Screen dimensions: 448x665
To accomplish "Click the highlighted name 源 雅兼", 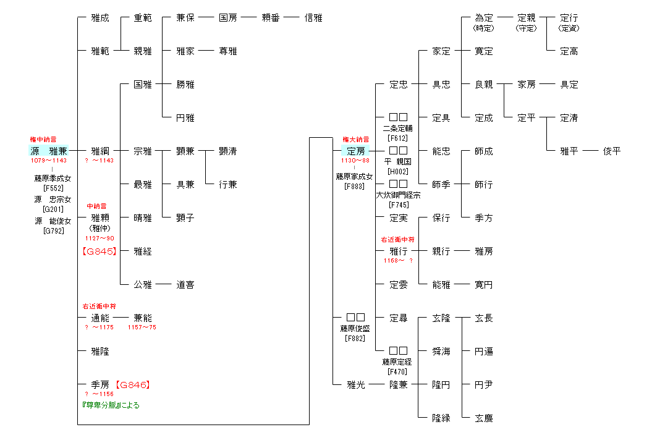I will (49, 151).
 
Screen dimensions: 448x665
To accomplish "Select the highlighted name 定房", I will (355, 151).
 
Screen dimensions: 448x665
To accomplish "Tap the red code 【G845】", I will (100, 251).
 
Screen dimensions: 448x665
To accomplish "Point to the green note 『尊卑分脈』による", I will (111, 405).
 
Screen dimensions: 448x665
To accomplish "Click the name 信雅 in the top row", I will (313, 18).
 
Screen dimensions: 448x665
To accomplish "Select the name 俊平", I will (612, 151).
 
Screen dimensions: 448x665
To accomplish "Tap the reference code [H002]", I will (398, 171).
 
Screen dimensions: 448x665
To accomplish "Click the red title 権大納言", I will (355, 140).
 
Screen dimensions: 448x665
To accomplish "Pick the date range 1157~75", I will (142, 328).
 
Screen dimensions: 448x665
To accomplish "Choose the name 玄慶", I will (484, 418).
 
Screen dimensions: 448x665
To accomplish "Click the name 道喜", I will (185, 285).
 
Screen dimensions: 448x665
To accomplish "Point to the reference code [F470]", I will (398, 371).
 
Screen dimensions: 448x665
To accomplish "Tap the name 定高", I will (569, 51).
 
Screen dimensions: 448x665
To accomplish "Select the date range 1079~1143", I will (49, 161).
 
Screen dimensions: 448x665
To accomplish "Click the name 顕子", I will (185, 218).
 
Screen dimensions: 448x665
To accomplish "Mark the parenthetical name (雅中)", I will (100, 228).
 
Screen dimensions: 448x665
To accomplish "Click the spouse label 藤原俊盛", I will (355, 328).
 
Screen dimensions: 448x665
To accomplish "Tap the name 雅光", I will (356, 384).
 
